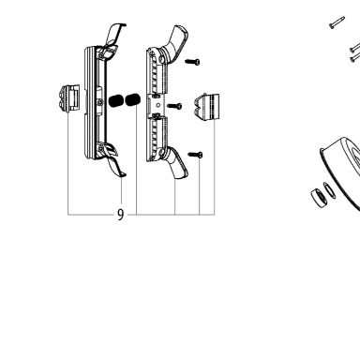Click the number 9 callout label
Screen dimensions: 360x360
pyautogui.click(x=121, y=215)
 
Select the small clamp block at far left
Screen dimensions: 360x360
pyautogui.click(x=68, y=97)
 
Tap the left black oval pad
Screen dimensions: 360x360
pyautogui.click(x=116, y=100)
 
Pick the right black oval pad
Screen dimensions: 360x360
pyautogui.click(x=132, y=100)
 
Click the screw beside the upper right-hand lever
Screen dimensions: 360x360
pyautogui.click(x=192, y=62)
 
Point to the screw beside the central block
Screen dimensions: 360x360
pyautogui.click(x=174, y=106)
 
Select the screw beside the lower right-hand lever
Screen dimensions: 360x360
pyautogui.click(x=195, y=155)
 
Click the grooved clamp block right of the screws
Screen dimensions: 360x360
pyautogui.click(x=206, y=107)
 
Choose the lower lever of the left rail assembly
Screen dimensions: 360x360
pyautogui.click(x=112, y=160)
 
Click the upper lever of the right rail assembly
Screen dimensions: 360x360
pyautogui.click(x=173, y=42)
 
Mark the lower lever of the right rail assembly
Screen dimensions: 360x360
pyautogui.click(x=175, y=162)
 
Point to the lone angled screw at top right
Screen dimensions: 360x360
pyautogui.click(x=337, y=22)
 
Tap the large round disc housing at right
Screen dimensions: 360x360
pyautogui.click(x=340, y=172)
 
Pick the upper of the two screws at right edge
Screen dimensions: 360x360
pyautogui.click(x=355, y=47)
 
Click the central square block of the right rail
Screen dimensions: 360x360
pyautogui.click(x=156, y=105)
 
